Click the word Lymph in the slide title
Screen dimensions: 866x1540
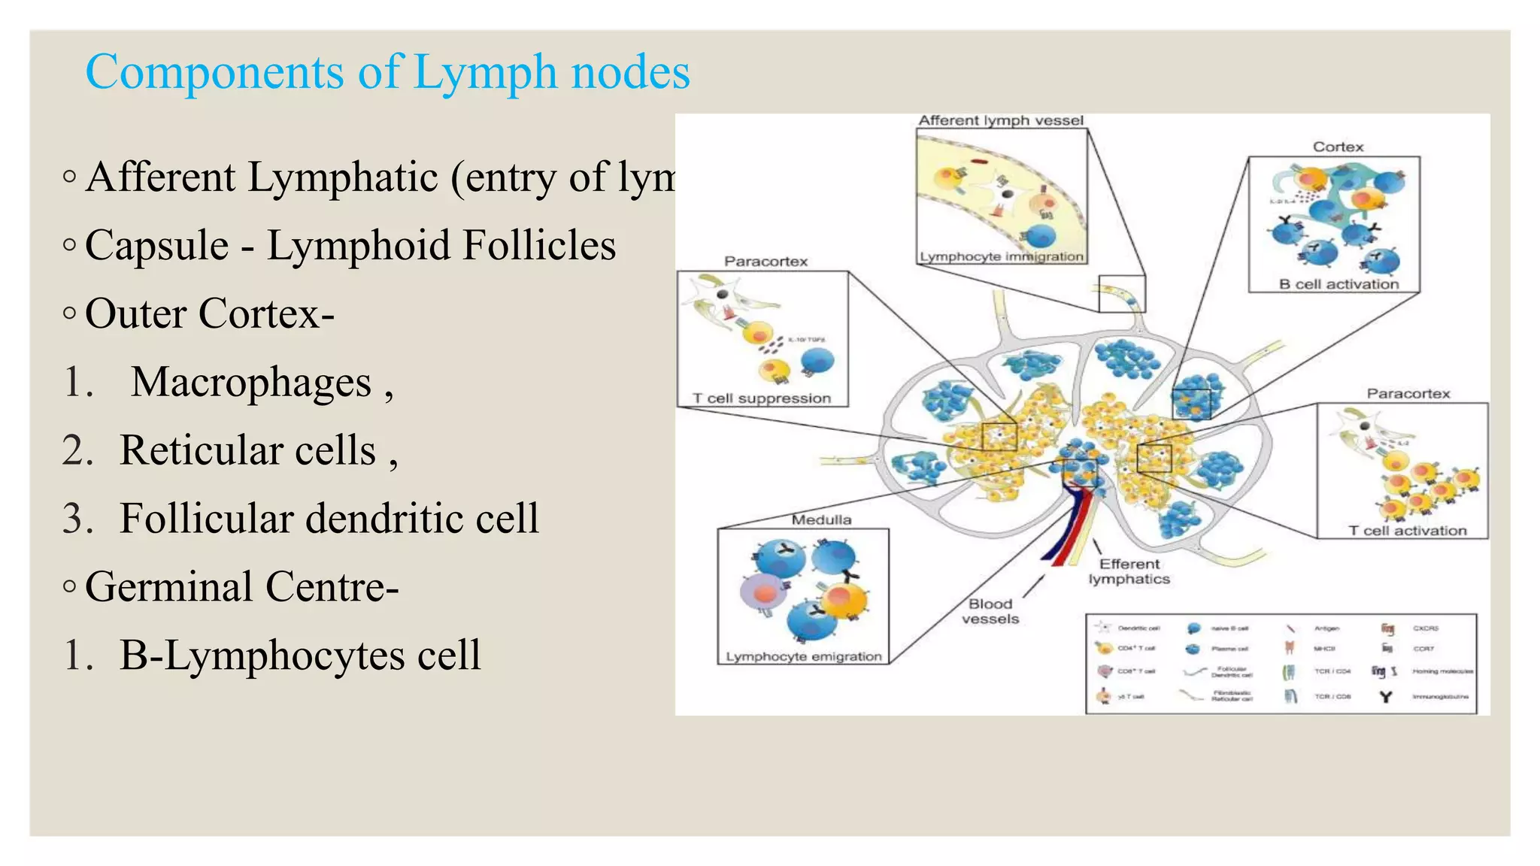[x=485, y=73]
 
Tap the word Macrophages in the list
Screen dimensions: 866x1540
[x=251, y=383]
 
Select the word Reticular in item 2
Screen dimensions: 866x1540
[x=199, y=451]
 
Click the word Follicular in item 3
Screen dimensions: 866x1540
[x=207, y=519]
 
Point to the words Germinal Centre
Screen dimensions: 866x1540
[x=241, y=587]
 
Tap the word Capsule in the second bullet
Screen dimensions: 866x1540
[x=156, y=246]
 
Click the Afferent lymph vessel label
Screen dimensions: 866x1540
[x=1001, y=120]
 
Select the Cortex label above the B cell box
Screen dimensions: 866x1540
[x=1338, y=147]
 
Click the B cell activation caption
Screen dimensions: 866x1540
[x=1338, y=284]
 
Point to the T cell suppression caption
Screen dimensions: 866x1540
[x=761, y=398]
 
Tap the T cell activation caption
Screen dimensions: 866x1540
[x=1407, y=531]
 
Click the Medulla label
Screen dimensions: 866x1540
[x=821, y=519]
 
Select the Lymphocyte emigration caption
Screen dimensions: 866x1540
[x=803, y=656]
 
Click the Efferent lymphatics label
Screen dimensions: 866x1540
[x=1129, y=571]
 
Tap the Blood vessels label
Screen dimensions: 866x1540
[x=990, y=611]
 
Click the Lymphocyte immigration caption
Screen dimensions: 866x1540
[x=1002, y=256]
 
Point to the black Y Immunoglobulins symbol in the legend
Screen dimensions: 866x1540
[x=1385, y=697]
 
